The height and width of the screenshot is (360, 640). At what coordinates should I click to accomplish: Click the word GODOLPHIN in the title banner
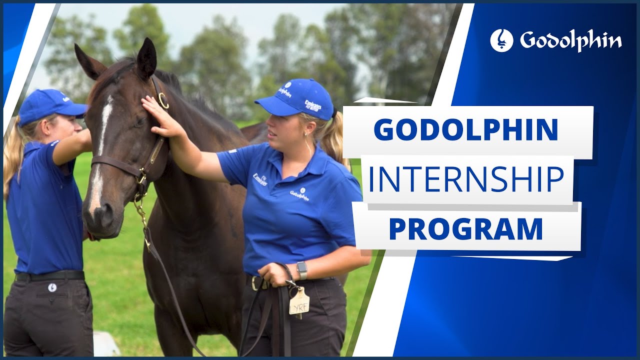(465, 130)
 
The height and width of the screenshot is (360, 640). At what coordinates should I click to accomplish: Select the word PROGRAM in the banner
(465, 229)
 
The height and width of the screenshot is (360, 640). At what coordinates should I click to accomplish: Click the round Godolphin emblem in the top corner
(501, 40)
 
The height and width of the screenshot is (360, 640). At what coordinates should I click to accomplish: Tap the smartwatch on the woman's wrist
(301, 270)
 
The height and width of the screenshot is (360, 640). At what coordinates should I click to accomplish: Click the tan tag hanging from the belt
(299, 301)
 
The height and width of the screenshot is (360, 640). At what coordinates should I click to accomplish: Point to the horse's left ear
(146, 57)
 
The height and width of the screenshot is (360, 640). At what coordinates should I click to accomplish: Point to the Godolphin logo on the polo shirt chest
(299, 194)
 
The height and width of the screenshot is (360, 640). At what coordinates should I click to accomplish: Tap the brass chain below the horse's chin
(141, 210)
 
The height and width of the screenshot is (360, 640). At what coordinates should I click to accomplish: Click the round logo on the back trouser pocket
(52, 287)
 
